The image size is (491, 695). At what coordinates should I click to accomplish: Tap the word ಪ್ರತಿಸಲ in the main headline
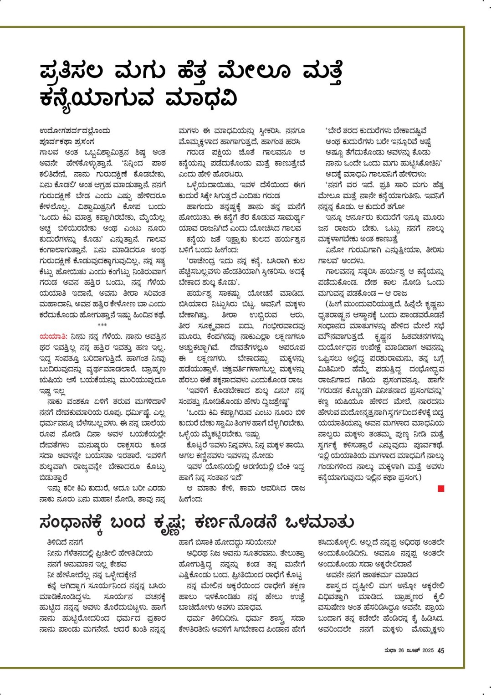coord(72,72)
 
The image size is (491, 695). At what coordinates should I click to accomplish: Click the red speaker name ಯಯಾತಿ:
coord(53,337)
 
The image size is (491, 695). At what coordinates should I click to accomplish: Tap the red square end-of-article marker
coord(440,489)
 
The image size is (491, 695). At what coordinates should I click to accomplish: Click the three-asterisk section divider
coord(102,325)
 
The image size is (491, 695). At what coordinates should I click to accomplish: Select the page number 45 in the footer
coord(440,651)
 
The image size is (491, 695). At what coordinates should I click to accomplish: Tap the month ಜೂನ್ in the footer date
coord(413,651)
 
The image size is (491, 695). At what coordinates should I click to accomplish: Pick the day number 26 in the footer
coord(401,651)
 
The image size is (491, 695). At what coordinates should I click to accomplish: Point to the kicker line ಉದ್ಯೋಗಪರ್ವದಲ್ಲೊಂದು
coord(75,131)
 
